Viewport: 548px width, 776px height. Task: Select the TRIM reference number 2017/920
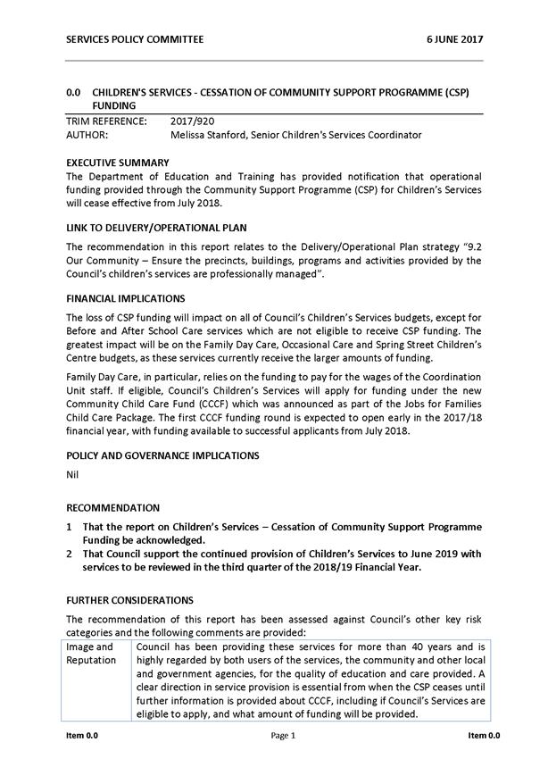pos(192,121)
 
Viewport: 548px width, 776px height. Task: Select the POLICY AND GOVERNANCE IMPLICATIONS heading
pos(162,455)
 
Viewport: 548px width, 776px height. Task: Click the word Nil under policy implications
pos(73,475)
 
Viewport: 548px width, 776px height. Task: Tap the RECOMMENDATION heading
pos(113,507)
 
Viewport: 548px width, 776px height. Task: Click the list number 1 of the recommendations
pos(70,527)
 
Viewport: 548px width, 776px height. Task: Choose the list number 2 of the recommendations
pos(70,554)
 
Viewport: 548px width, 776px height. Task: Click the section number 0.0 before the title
pos(74,92)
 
